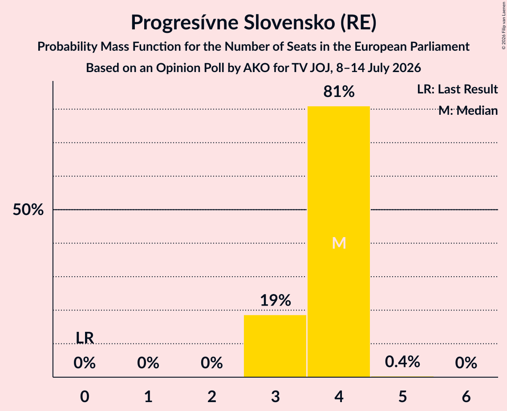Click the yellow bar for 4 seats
(x=339, y=242)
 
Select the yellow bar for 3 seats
(x=275, y=346)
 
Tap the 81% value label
(x=339, y=92)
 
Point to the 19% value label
(x=276, y=300)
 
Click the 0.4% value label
(x=402, y=362)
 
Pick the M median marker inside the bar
(x=339, y=243)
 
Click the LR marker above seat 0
(x=85, y=338)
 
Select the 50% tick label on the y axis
(x=28, y=210)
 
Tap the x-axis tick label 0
(x=85, y=396)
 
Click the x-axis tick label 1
(x=148, y=396)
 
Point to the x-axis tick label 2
(x=212, y=396)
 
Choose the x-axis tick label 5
(x=402, y=396)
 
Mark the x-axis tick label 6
(x=466, y=396)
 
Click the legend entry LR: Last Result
(x=457, y=89)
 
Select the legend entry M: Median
(x=468, y=111)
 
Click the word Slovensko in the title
(x=289, y=22)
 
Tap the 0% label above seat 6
(x=466, y=363)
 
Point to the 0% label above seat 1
(x=148, y=363)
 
